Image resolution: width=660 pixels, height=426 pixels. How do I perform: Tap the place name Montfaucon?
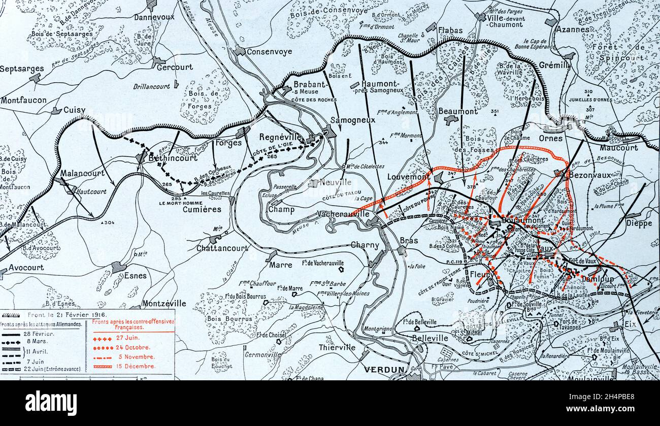point(23,101)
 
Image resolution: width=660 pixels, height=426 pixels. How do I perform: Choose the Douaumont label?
point(522,221)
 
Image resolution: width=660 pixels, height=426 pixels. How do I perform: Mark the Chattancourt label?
point(223,248)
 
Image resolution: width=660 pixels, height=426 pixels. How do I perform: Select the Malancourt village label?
point(83,173)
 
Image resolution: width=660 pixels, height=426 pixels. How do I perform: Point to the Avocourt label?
point(26,268)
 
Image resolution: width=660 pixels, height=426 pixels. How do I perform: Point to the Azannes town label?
point(572,29)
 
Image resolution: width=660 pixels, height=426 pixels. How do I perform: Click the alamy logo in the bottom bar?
point(51,403)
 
